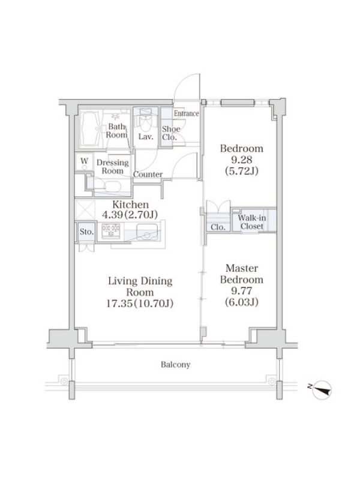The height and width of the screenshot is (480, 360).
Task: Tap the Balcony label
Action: click(175, 365)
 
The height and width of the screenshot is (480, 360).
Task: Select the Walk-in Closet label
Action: click(252, 222)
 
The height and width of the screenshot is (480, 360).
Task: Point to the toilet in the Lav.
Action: click(145, 119)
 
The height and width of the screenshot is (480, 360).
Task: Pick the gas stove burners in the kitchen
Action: click(111, 230)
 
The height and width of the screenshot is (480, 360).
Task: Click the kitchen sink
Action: click(147, 231)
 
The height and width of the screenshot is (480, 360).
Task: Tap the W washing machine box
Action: click(85, 161)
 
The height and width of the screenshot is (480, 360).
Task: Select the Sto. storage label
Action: click(86, 232)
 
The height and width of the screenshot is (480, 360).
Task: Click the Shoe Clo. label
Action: click(171, 133)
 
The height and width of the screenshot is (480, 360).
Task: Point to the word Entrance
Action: click(187, 113)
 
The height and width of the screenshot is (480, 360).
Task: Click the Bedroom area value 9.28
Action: click(242, 160)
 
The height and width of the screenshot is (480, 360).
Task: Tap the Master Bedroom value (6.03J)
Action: click(242, 302)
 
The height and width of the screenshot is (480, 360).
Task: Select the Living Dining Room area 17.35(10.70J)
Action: click(140, 304)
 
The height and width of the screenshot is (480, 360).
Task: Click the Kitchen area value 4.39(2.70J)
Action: click(130, 215)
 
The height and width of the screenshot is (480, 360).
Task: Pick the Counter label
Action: click(148, 175)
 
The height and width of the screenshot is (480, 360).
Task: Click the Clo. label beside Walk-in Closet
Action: click(218, 227)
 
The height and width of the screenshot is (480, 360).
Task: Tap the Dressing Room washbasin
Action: click(112, 186)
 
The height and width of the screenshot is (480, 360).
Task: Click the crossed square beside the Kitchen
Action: click(85, 209)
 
